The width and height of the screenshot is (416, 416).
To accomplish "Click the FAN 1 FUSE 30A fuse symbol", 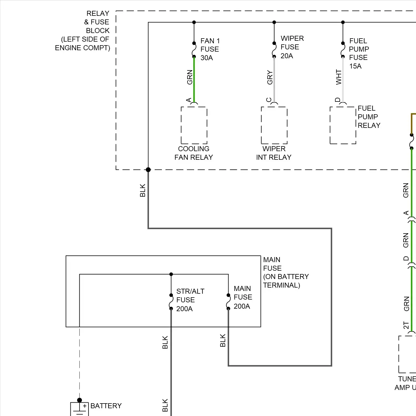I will coord(194,50).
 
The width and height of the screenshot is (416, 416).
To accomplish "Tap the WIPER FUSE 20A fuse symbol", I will coord(274,50).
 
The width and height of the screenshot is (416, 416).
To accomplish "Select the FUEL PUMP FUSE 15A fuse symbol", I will coord(343,50).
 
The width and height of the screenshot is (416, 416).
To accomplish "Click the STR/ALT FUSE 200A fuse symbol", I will coord(171,302).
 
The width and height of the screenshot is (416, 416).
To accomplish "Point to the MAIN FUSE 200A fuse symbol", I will coord(228,302).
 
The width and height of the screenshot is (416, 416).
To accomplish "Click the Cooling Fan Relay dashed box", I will coord(194,125).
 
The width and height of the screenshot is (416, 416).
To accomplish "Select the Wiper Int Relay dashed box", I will coord(274,125).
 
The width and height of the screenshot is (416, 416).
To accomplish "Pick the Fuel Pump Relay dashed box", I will coord(343,125).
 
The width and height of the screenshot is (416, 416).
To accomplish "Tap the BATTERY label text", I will coord(106,406).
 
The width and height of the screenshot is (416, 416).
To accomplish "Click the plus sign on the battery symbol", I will coord(85,406).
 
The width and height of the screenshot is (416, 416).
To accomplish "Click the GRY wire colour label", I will coord(270,77).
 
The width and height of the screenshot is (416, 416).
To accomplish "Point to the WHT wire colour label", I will coord(339,77).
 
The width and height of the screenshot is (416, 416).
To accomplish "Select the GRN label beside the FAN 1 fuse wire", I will coord(190,77).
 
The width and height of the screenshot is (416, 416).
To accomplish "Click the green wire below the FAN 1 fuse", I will coord(194,80).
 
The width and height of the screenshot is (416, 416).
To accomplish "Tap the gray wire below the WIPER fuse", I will coord(274,80).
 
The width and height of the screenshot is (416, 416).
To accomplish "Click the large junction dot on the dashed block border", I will coord(148,169).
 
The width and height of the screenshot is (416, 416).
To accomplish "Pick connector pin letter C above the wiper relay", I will coord(268,100).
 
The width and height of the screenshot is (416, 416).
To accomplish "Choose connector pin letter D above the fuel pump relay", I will coord(338,100).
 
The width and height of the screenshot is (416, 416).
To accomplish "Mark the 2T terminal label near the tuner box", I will coord(406,325).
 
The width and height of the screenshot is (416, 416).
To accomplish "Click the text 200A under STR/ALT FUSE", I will coord(184,309).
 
